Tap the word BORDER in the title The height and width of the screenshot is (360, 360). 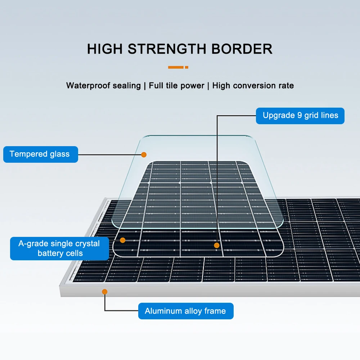242,49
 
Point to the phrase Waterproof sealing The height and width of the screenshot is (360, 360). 103,86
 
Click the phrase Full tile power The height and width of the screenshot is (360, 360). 176,86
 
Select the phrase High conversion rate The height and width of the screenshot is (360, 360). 253,86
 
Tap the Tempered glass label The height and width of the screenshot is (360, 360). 40,154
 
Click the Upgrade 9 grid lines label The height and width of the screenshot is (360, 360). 300,116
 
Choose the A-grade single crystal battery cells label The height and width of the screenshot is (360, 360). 59,248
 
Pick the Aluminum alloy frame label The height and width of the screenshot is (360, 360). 185,311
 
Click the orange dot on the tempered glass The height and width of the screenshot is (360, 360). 144,155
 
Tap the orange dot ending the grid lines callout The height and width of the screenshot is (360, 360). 217,245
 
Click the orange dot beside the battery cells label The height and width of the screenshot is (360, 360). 123,240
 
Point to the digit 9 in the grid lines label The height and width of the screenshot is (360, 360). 300,116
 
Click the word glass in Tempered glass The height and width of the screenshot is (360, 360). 59,154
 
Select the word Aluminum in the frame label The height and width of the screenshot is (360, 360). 161,311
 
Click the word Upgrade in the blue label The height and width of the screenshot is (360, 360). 278,116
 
